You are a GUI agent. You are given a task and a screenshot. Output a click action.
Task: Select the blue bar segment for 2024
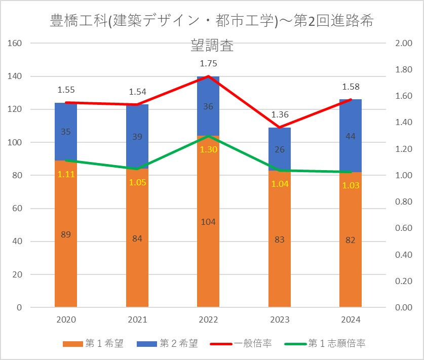(x=351, y=122)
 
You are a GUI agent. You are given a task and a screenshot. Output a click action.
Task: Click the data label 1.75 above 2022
(x=208, y=64)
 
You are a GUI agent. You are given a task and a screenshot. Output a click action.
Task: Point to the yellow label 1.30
(x=208, y=150)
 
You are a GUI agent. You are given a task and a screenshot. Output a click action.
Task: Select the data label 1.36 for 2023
(x=280, y=114)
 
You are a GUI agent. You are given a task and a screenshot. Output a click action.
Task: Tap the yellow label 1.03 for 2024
(x=351, y=185)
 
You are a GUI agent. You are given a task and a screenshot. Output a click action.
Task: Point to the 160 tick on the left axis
(x=15, y=44)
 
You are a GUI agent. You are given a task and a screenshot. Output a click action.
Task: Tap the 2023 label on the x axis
(x=280, y=320)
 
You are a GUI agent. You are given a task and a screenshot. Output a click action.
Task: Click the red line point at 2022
(x=208, y=76)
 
